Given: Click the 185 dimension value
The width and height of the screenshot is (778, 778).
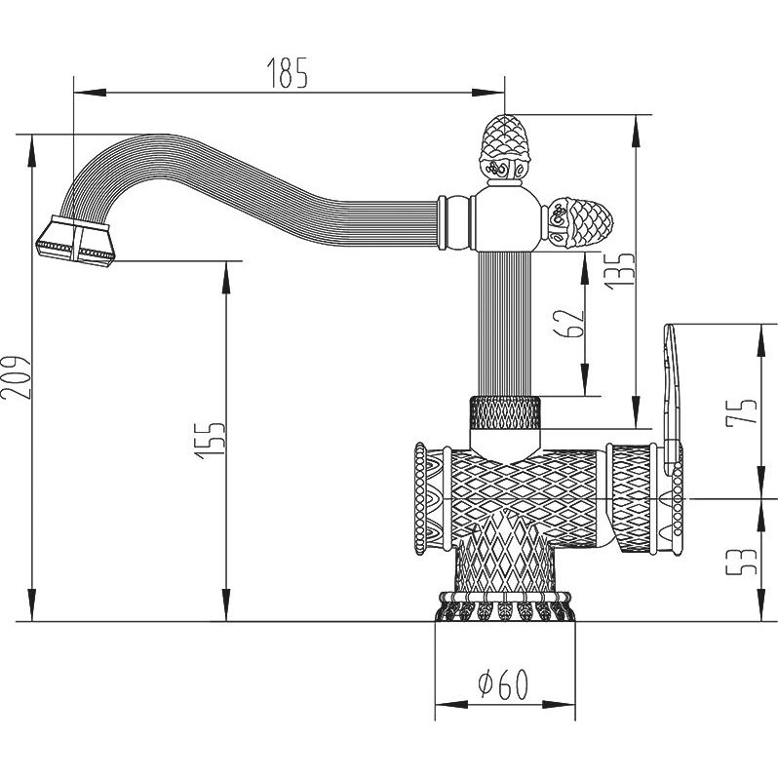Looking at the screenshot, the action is point(288,73).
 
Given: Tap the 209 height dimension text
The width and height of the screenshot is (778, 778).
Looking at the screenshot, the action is point(16,377).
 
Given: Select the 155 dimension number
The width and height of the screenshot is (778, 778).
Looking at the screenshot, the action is point(211,441).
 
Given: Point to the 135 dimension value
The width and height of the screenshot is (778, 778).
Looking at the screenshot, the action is point(620,271).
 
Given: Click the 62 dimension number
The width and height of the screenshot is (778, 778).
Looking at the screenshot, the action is point(568,324).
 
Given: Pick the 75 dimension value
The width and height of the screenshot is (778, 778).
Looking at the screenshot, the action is point(742,410).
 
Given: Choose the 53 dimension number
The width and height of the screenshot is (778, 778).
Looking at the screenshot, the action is point(742,561).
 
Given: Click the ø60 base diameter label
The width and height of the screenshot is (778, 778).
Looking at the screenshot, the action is point(503,684).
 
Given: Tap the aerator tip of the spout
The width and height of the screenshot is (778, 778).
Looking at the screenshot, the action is point(76,242).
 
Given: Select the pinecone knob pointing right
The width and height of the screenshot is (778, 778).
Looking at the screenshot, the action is point(578,220).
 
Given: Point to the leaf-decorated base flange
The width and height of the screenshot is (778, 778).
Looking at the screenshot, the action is point(505,606).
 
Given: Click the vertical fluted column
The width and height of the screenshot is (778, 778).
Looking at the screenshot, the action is point(504,324).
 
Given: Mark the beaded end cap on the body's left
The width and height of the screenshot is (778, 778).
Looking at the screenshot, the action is point(421,498).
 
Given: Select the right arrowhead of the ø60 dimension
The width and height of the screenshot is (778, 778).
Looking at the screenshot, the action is point(560,705).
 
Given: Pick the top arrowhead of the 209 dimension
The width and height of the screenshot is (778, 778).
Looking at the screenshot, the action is point(32,151).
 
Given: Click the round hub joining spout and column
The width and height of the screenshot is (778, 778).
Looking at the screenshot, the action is point(505,219).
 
